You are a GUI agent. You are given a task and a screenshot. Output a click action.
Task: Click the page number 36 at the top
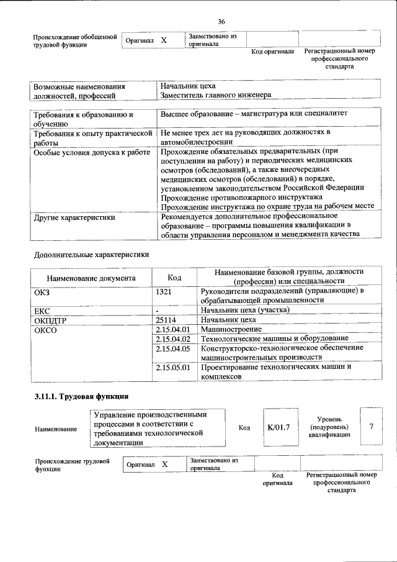point(221,22)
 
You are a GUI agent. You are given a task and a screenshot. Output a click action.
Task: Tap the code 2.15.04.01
point(173,329)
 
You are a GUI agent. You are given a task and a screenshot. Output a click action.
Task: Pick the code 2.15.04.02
point(173,338)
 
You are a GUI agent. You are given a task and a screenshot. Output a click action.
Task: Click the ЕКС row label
point(43,310)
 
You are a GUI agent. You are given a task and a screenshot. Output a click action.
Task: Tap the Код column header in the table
point(174,278)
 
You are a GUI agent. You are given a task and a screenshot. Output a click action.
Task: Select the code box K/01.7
point(279,427)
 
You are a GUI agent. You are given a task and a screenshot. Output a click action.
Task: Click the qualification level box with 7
point(371,427)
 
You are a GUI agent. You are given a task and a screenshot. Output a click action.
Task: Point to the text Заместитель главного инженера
point(215,95)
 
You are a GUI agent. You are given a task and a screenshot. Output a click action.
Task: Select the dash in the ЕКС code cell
point(158,310)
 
